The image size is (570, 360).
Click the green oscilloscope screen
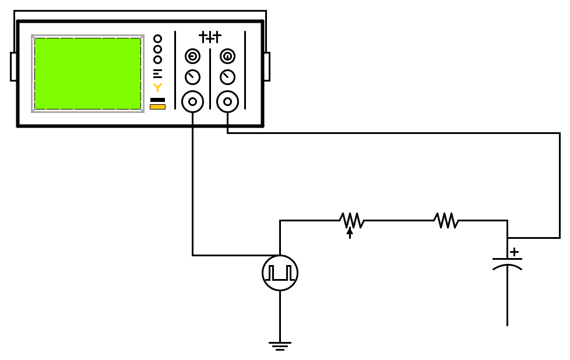click(87, 73)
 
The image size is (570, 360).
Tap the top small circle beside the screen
click(157, 39)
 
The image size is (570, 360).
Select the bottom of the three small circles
click(157, 59)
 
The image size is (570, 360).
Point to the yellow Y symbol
click(157, 87)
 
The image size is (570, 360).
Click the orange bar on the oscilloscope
click(157, 107)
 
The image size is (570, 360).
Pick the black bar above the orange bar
click(157, 100)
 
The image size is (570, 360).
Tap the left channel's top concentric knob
click(192, 56)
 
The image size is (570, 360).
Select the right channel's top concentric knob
click(227, 56)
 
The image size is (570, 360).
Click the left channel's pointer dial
click(192, 77)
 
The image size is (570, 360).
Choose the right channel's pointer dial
click(227, 77)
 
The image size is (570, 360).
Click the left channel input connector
click(192, 101)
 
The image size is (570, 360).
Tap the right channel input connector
click(227, 101)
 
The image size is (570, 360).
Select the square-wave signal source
click(280, 273)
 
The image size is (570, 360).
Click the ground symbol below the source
click(280, 345)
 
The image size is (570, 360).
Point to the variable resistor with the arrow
click(351, 221)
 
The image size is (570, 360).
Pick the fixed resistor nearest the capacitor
click(446, 220)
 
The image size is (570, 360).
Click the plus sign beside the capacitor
click(514, 252)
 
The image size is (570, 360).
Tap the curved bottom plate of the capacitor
click(507, 267)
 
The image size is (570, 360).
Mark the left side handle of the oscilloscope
click(13, 66)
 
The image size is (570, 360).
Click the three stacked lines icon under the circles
click(157, 73)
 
